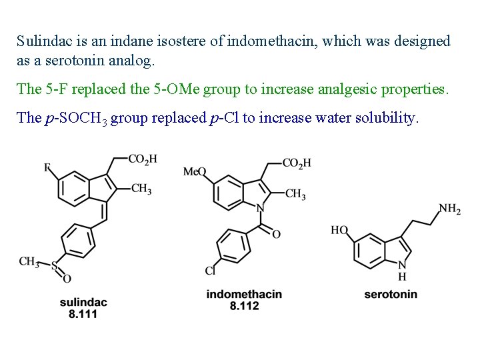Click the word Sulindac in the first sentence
pos(42,41)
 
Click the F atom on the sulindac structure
pos(48,168)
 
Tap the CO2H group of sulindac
pos(142,159)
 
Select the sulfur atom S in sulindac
pos(55,265)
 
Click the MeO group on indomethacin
pos(195,173)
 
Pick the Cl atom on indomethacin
pos(209,271)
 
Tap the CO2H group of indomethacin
pos(297,163)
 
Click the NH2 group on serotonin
pos(450,209)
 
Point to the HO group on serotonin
pos(339,231)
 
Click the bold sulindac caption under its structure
pos(83,303)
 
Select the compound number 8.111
pos(83,314)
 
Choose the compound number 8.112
pos(244,305)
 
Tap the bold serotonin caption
pos(391,294)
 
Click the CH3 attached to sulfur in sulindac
pos(29,261)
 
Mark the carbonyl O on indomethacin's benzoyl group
pos(276,234)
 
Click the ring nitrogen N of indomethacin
pos(261,208)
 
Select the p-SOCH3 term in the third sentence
pos(73,119)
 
